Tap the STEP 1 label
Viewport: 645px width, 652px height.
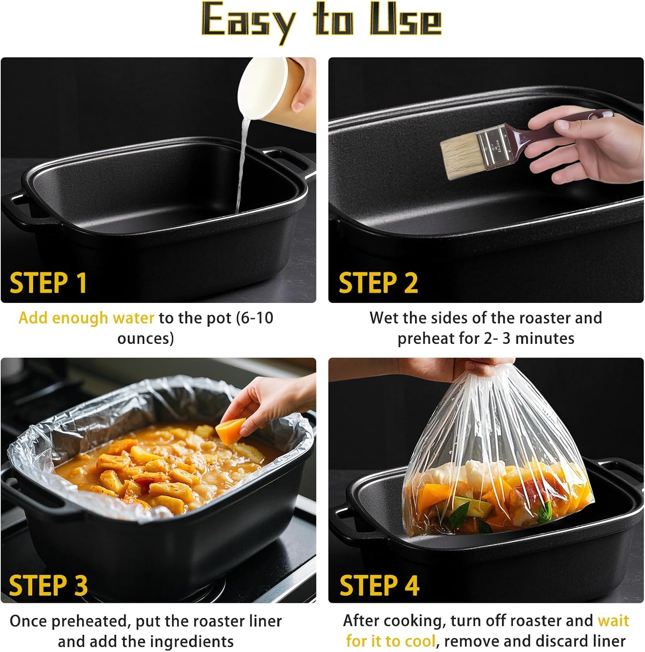48,283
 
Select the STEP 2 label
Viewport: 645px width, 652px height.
378,283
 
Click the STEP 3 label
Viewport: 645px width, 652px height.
48,585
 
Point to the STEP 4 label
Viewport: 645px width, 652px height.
379,585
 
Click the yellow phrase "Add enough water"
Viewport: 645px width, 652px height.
86,318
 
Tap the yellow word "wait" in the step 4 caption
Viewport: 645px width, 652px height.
613,621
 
